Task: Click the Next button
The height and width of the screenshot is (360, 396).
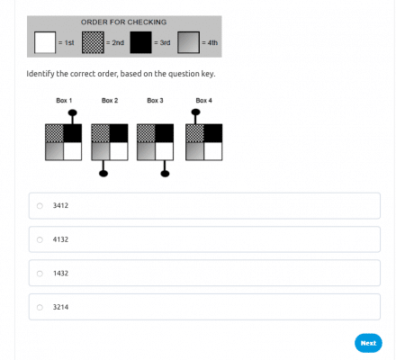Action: click(x=368, y=343)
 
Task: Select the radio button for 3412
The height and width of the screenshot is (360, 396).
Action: click(x=40, y=205)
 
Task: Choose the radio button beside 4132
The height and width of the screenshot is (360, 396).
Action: click(x=40, y=239)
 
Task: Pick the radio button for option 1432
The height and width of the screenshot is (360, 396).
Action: click(x=40, y=274)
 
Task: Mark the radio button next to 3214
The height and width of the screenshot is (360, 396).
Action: click(x=40, y=307)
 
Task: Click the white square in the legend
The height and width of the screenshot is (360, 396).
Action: click(x=45, y=42)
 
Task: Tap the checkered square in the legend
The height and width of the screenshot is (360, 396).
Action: click(x=93, y=42)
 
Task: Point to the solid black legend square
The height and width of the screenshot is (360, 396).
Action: click(x=140, y=42)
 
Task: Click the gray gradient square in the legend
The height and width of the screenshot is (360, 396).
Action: click(x=188, y=42)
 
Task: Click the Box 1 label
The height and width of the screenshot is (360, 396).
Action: click(x=64, y=101)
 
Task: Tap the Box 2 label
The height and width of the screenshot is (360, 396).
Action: click(x=110, y=101)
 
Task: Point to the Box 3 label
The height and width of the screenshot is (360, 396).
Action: click(x=155, y=101)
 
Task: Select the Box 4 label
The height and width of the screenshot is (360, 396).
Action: click(x=204, y=101)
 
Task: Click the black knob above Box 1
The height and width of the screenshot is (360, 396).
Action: click(x=73, y=112)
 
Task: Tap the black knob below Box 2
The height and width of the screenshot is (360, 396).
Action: click(x=103, y=174)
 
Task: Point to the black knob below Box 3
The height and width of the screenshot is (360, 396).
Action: click(x=165, y=174)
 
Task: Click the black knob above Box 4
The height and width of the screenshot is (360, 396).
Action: click(x=195, y=112)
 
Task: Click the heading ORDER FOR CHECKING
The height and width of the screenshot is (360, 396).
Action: click(x=123, y=22)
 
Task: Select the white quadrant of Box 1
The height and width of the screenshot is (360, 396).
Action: click(x=73, y=151)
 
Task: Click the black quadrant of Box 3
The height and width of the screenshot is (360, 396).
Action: click(x=165, y=133)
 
